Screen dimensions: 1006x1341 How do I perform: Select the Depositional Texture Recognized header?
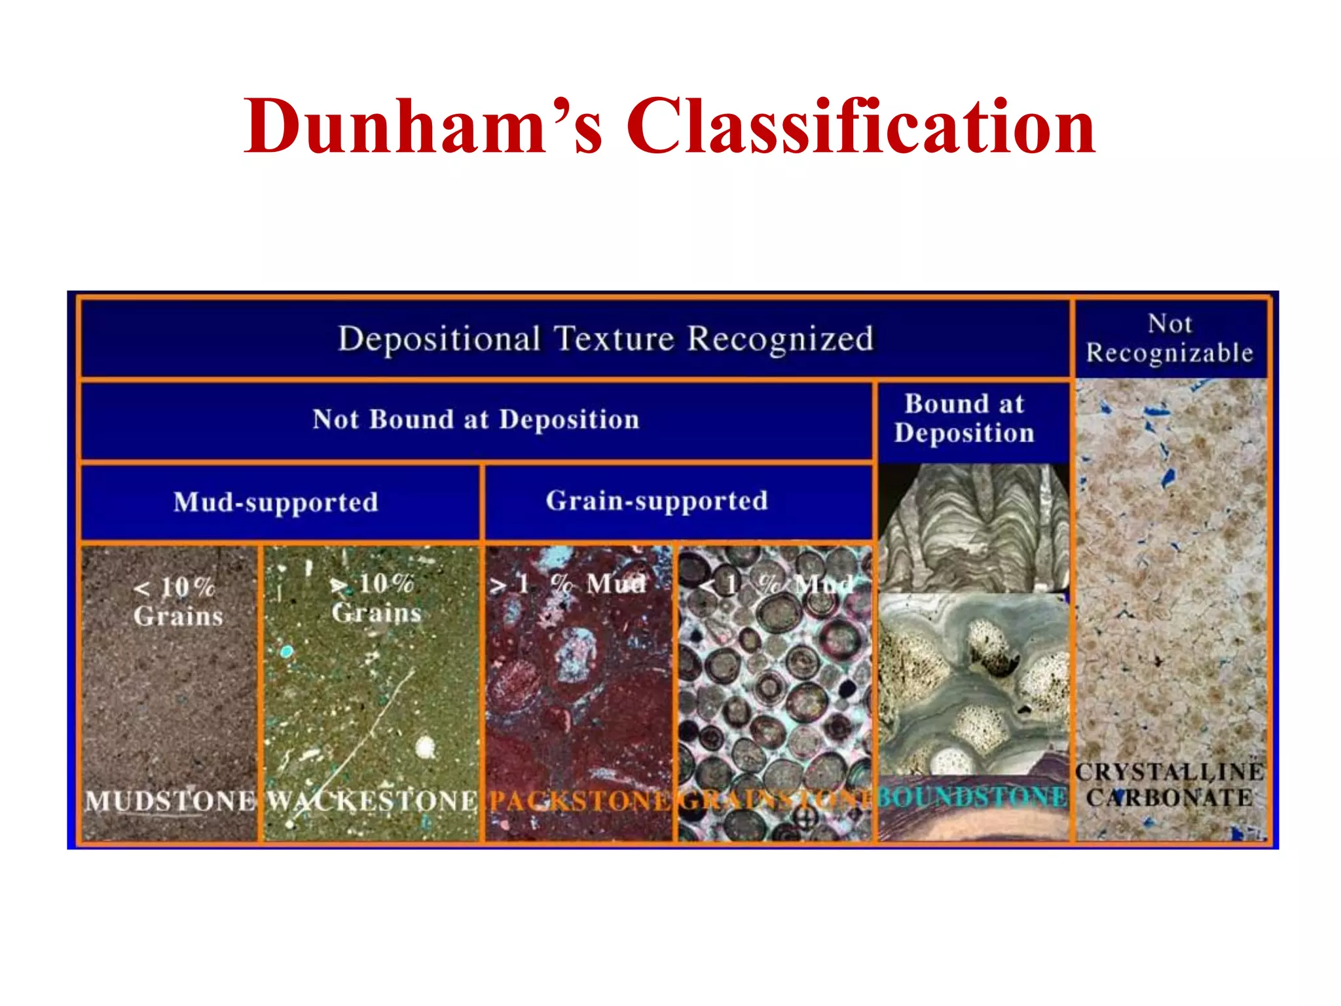click(606, 339)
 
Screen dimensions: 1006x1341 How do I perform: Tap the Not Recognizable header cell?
click(1169, 339)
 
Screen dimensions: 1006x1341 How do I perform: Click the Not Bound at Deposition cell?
click(476, 420)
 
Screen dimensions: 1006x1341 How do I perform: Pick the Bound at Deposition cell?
click(964, 419)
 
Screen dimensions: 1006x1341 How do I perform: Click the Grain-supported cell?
click(657, 501)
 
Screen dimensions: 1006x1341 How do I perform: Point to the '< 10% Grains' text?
click(177, 601)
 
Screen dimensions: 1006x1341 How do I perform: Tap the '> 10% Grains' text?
click(375, 598)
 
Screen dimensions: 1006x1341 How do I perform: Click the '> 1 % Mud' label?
click(568, 584)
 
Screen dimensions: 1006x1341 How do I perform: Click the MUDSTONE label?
click(170, 801)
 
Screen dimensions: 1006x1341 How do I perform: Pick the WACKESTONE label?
click(373, 801)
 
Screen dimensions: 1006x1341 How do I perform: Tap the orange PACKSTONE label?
click(579, 801)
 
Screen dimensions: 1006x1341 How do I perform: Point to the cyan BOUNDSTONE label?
click(972, 797)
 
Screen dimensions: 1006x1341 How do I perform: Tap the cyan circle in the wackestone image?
click(286, 652)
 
